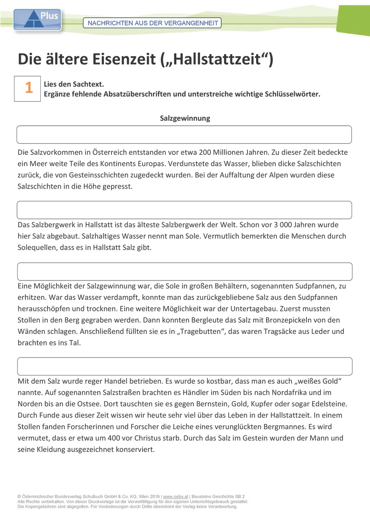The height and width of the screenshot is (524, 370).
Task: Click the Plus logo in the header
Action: [x=37, y=20]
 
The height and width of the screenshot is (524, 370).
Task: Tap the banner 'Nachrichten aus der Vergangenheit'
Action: [x=152, y=23]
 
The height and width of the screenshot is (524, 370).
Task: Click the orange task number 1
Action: [x=28, y=88]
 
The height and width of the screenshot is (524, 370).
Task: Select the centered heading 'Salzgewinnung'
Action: [x=185, y=118]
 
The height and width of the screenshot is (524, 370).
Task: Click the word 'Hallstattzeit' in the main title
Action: [x=216, y=60]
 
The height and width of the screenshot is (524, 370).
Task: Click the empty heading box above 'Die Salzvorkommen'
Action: [x=184, y=134]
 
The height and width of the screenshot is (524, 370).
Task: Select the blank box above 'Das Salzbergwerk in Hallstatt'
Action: [x=184, y=210]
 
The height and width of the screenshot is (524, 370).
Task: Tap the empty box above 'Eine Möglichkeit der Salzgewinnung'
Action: [x=185, y=271]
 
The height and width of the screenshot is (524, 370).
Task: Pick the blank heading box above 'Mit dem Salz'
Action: [x=185, y=366]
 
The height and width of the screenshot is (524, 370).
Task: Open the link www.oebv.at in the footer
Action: [x=176, y=497]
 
